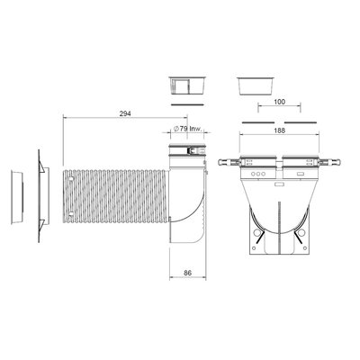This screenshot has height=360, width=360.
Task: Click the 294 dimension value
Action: (125, 113)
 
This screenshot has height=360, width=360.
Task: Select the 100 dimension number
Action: (279, 102)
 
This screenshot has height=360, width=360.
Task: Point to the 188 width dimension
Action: (279, 130)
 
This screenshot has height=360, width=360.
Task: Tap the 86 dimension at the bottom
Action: (187, 273)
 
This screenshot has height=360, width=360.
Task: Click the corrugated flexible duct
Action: (115, 197)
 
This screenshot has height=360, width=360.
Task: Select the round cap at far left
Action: (17, 197)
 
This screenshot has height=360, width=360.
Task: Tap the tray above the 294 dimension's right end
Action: (187, 85)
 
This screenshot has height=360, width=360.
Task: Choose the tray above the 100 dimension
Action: (256, 86)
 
